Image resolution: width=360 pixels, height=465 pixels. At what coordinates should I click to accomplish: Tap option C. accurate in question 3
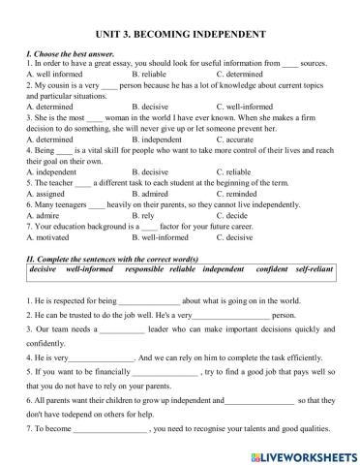point(240,139)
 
